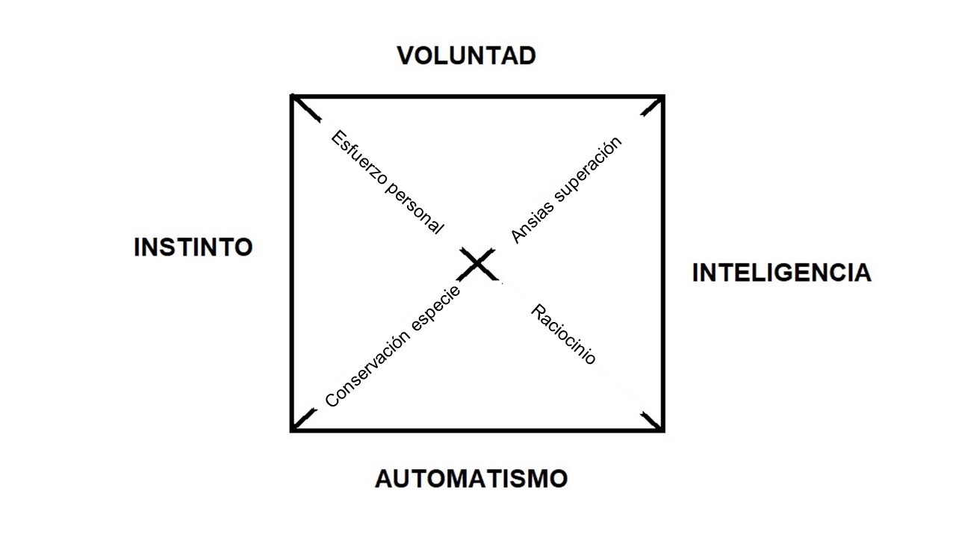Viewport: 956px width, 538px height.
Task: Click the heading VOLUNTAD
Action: [x=467, y=56]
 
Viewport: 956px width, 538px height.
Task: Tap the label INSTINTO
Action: [x=193, y=247]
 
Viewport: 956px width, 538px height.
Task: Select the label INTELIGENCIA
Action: [x=781, y=273]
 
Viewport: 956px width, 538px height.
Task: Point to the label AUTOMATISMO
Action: [x=471, y=479]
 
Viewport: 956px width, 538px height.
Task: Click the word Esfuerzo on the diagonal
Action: [x=359, y=158]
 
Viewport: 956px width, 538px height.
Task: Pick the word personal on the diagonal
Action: [x=415, y=208]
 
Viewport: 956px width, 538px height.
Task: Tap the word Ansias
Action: [x=533, y=222]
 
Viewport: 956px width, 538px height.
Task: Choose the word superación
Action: [x=588, y=170]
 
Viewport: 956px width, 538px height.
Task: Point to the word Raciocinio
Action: [x=563, y=334]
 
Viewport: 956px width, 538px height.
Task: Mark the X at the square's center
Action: [x=477, y=265]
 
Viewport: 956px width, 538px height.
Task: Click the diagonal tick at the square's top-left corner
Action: [x=306, y=108]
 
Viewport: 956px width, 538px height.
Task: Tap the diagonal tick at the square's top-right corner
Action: [x=652, y=106]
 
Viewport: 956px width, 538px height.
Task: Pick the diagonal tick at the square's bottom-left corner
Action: [x=305, y=418]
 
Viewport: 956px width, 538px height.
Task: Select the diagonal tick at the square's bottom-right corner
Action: [x=651, y=421]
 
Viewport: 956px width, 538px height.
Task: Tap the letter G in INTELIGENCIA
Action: [x=779, y=273]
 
